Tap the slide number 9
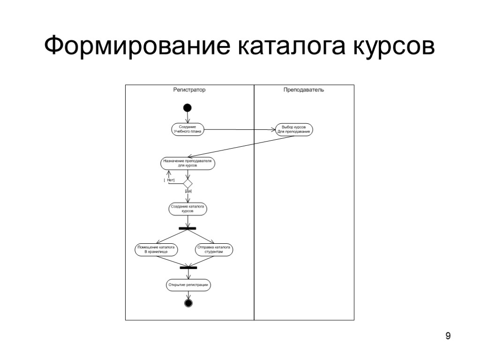coord(448,336)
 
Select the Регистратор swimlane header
coord(189,90)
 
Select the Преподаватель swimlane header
coord(303,90)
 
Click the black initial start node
coord(187,108)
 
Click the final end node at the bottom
coord(188,303)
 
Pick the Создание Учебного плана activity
coord(187,129)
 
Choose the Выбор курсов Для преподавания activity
coord(293,129)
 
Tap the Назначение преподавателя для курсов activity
coord(188,163)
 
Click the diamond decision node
coord(187,182)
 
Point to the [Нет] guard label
coord(169,180)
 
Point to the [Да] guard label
coord(188,191)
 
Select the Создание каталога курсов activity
coord(188,209)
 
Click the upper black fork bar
coord(187,228)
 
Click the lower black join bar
coord(188,268)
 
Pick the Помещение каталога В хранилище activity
coord(156,249)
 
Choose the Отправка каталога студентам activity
coord(214,249)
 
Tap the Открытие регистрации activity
coord(188,285)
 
